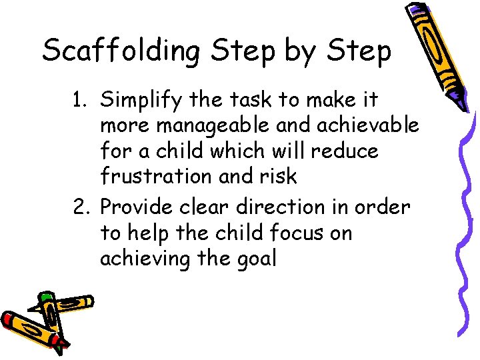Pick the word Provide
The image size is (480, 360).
coord(138,208)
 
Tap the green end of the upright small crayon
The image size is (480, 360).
coord(46,295)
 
